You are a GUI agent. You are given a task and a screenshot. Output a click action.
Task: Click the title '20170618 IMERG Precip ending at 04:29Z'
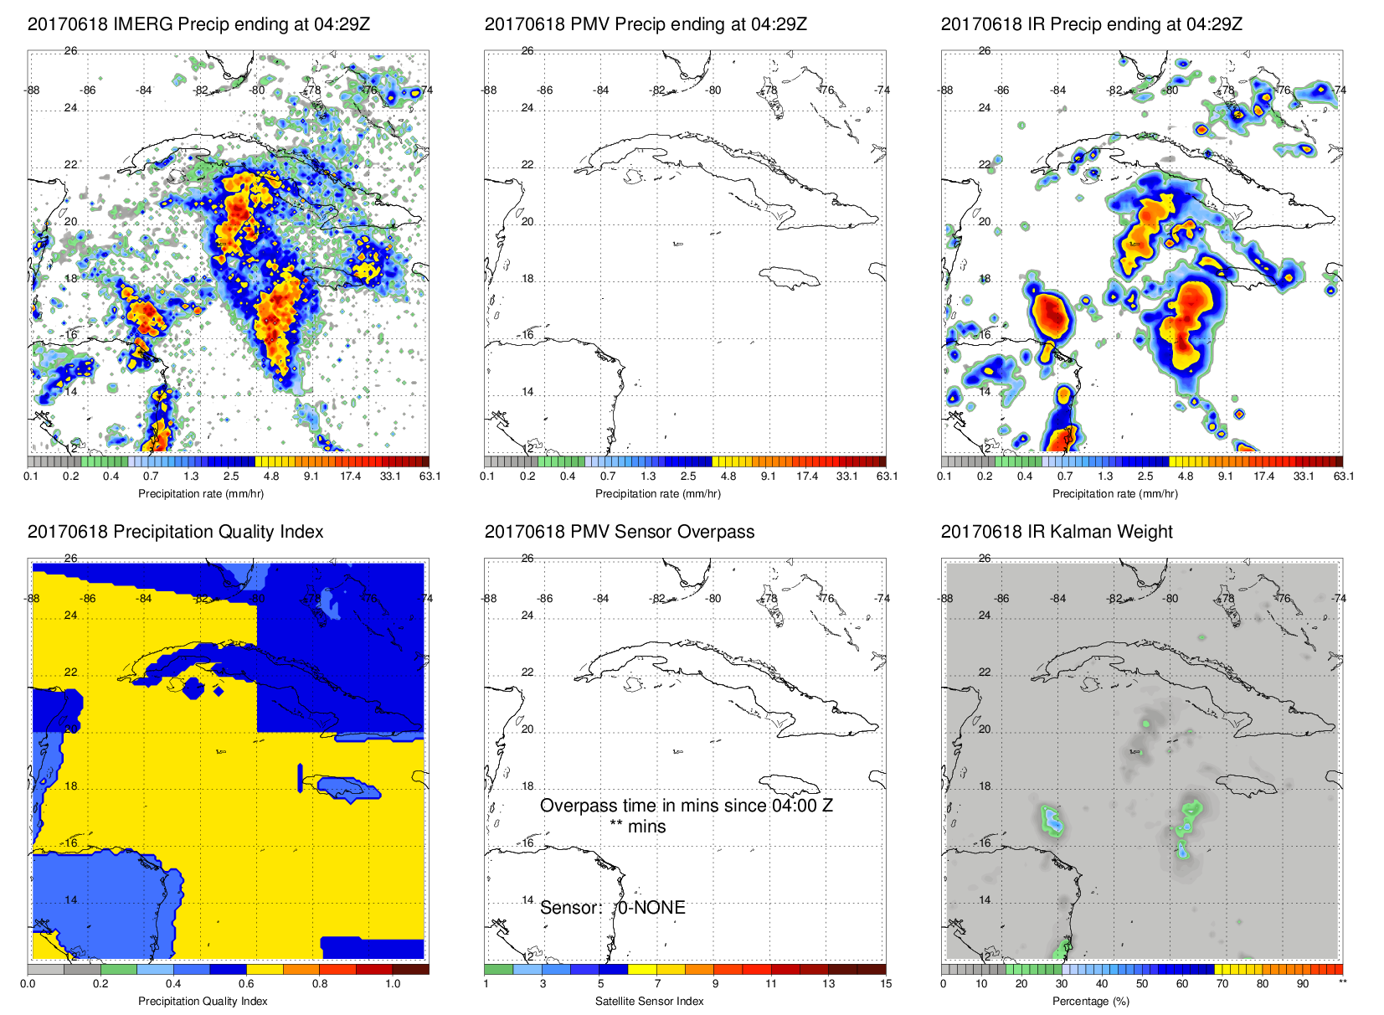(198, 24)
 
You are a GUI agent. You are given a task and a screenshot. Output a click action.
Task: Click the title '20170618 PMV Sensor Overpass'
(619, 532)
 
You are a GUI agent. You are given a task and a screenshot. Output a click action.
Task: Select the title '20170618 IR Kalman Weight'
(1057, 532)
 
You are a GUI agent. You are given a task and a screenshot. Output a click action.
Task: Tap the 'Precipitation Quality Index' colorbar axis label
(203, 1001)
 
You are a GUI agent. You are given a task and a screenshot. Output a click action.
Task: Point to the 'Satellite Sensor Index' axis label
(650, 1001)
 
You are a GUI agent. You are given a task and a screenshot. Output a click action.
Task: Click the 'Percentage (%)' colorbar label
(1097, 1001)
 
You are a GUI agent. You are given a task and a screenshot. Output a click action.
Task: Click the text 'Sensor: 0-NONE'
(612, 908)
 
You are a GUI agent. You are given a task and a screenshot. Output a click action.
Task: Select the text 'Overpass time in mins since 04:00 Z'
(686, 806)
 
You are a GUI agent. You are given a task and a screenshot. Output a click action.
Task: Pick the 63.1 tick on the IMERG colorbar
(430, 477)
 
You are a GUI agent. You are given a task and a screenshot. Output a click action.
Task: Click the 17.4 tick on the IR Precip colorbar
(1263, 477)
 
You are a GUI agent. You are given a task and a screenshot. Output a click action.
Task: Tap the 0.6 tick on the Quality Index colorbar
(246, 984)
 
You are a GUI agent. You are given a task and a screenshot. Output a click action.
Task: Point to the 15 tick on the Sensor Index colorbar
(886, 984)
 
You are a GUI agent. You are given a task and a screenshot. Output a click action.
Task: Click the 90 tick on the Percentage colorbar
(1303, 984)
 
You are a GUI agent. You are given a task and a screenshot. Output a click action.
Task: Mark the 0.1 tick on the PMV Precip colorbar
(487, 477)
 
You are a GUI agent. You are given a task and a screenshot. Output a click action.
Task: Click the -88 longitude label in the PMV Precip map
(490, 90)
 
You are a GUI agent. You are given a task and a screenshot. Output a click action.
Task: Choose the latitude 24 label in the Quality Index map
(70, 616)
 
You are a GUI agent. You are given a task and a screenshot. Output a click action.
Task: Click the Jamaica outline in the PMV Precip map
(791, 276)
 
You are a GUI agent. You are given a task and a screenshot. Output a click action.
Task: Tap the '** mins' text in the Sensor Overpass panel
(637, 827)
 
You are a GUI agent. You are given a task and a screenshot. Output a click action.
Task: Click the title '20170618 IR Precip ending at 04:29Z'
(1091, 24)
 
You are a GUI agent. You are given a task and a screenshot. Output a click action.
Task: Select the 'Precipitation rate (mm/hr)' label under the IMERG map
(201, 493)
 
